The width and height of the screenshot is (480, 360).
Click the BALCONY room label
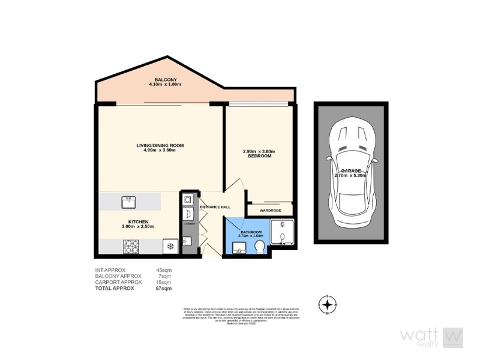pos(165,80)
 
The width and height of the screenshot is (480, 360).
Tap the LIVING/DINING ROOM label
pos(159,146)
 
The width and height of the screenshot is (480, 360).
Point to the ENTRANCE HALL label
pos(215,207)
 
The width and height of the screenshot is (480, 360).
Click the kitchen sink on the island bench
pos(128,200)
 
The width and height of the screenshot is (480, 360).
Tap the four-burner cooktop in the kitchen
pos(131,246)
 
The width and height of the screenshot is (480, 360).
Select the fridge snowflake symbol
pos(170,247)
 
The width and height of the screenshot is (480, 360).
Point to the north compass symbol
pos(327,305)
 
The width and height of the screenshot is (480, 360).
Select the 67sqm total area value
pos(163,289)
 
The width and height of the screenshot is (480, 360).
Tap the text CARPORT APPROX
pos(119,282)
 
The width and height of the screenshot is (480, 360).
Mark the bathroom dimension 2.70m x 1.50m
pos(251,236)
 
